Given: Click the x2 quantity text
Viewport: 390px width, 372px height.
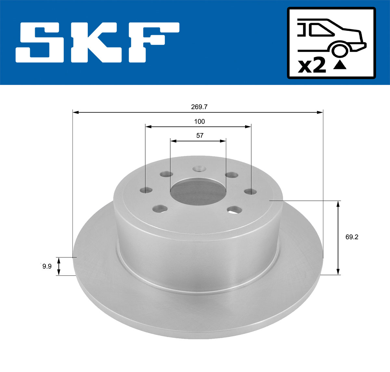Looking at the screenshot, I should click(x=312, y=66).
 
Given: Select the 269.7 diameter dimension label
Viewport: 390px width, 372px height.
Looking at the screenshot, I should click(x=200, y=107).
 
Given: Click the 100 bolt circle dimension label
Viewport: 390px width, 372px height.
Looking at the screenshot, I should click(x=199, y=121).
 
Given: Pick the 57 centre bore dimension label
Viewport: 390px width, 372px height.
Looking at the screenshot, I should click(x=200, y=136).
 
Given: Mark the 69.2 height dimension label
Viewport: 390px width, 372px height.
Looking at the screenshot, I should click(x=352, y=237).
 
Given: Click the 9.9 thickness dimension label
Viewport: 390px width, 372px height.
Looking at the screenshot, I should click(x=47, y=267).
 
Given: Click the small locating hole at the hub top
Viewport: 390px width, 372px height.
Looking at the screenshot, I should click(x=198, y=169).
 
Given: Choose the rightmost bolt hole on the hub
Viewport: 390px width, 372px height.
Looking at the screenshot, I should click(x=250, y=191).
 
